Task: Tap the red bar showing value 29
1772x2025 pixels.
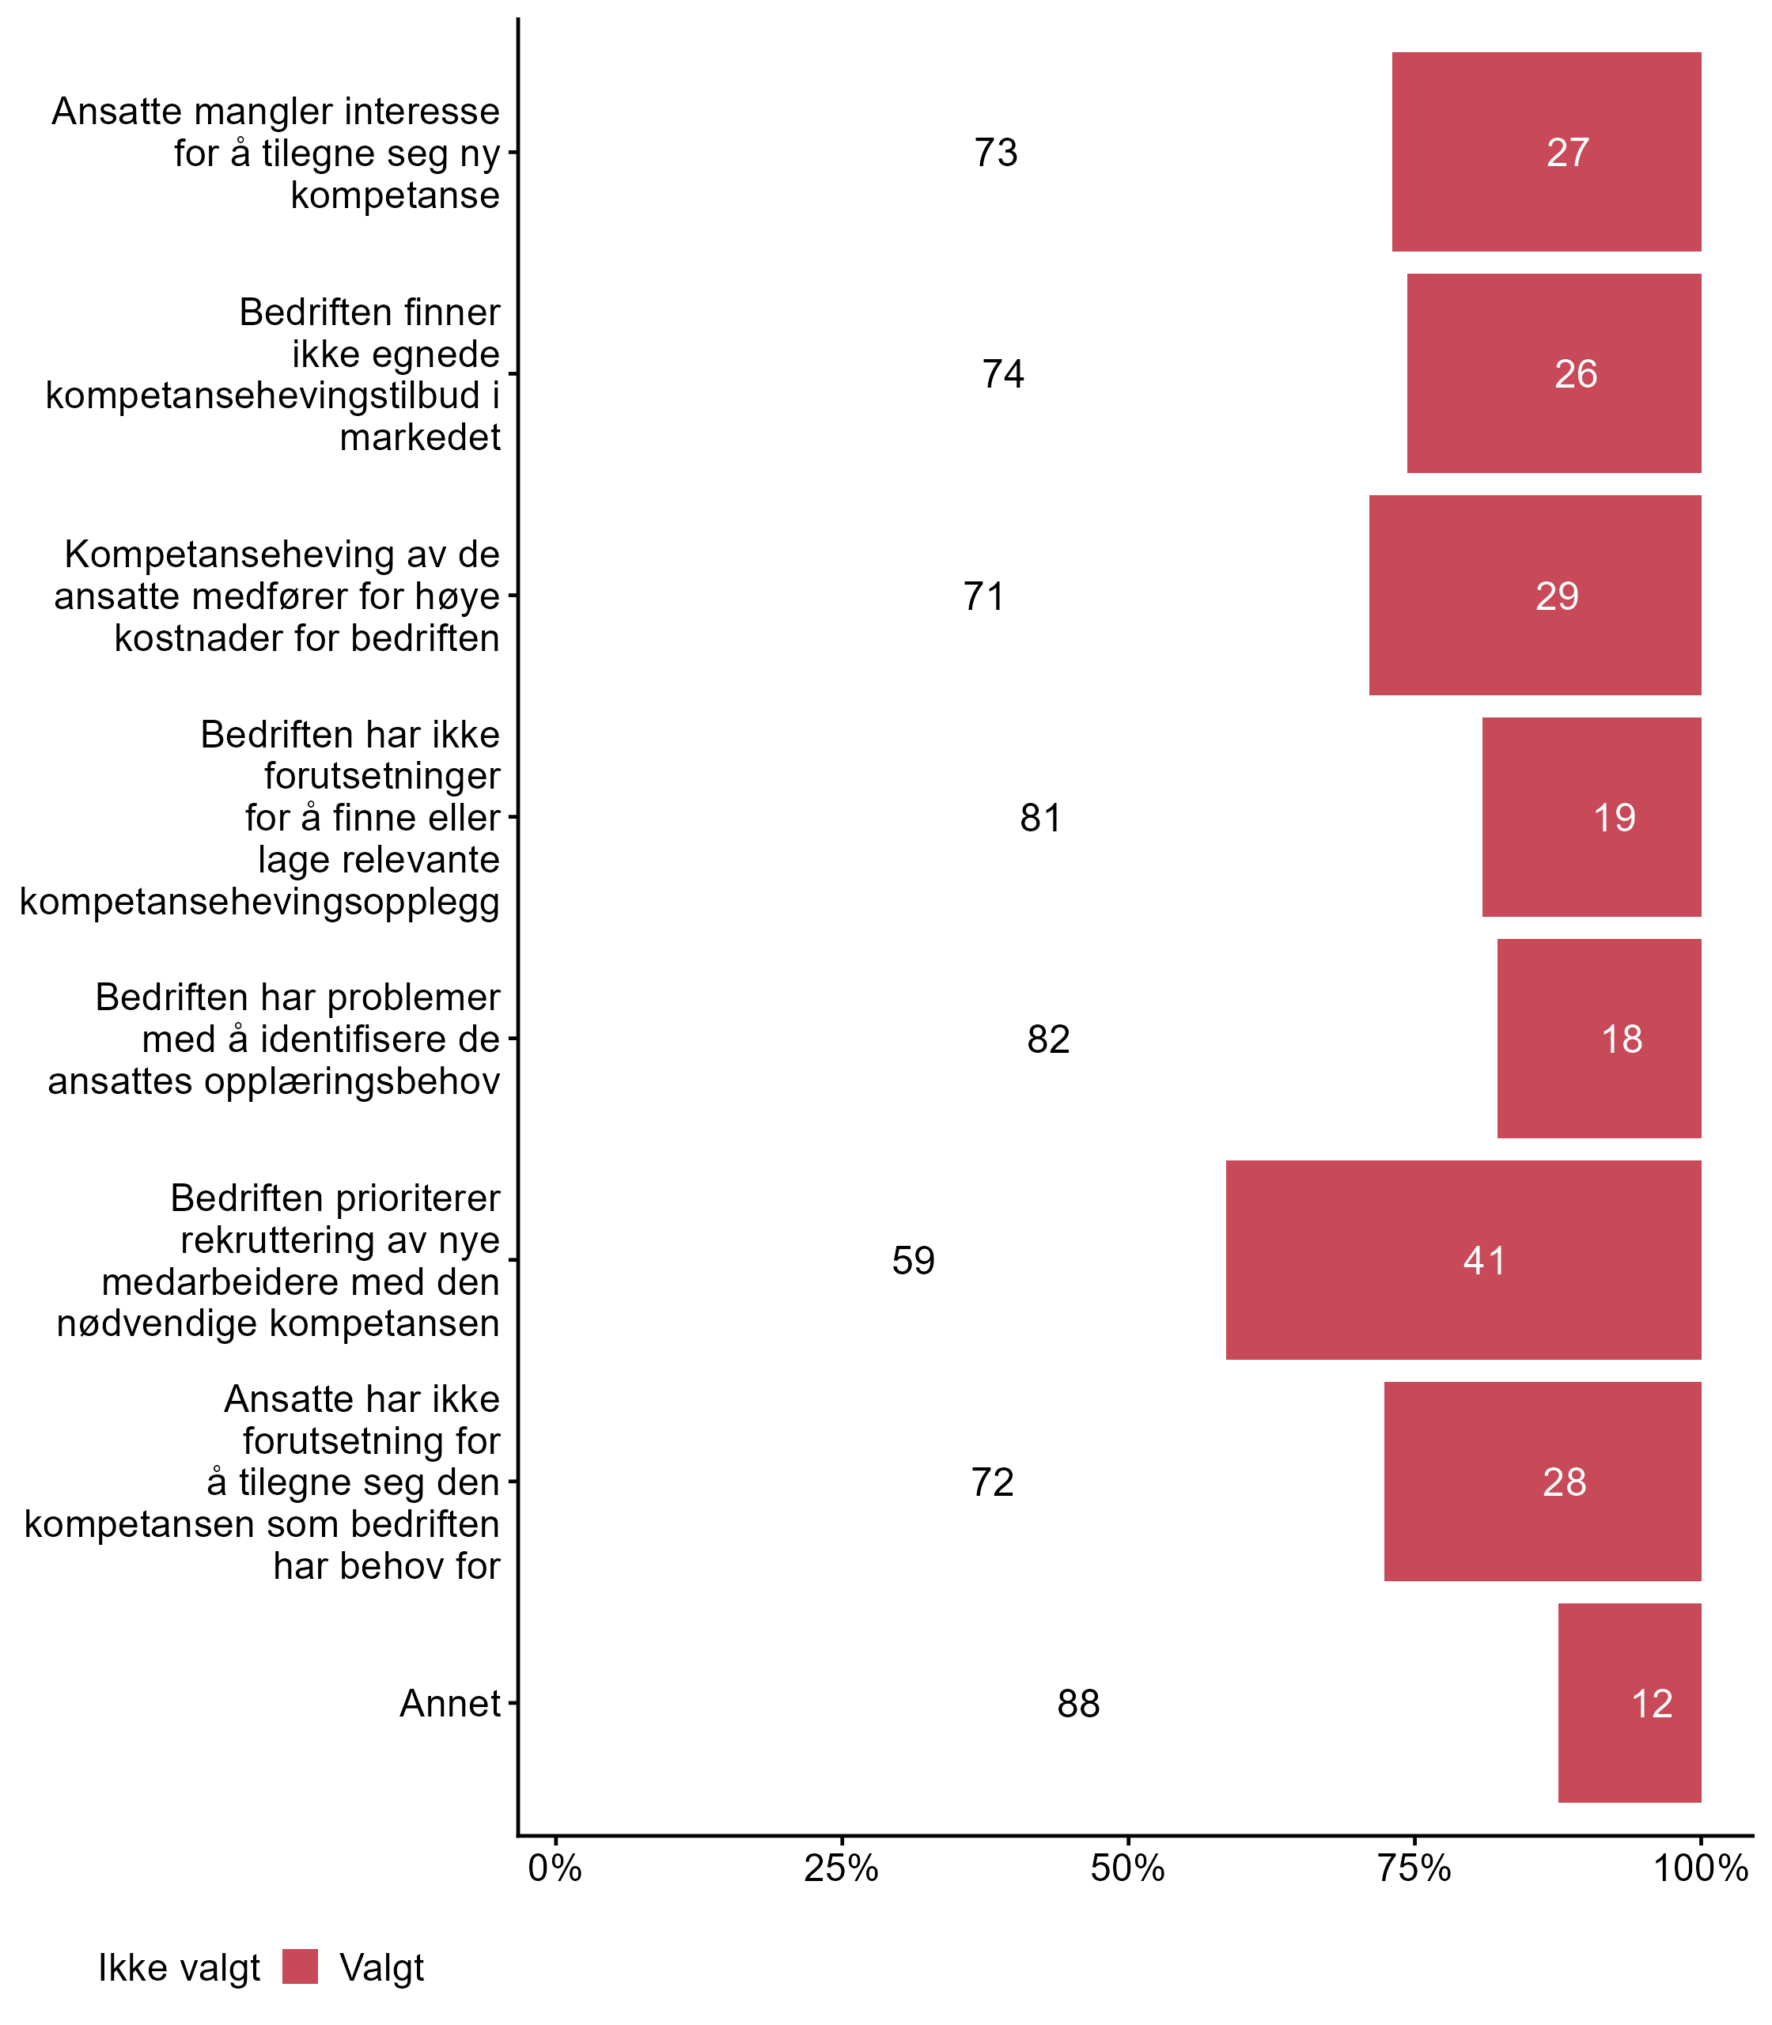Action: click(1535, 595)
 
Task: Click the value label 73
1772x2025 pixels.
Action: click(996, 153)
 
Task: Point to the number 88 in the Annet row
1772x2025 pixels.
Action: click(1077, 1704)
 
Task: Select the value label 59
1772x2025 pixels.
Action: click(913, 1261)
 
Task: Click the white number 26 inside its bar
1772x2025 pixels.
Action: click(1575, 373)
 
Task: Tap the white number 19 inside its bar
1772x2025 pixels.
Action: click(1614, 818)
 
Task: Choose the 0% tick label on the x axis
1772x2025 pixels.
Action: click(555, 1868)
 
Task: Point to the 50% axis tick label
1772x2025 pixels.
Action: click(1127, 1868)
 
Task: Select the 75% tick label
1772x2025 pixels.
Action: click(1414, 1868)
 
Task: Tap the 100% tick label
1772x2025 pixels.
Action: click(1701, 1868)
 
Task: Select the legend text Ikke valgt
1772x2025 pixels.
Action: click(179, 1968)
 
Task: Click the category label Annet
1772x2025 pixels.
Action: click(450, 1704)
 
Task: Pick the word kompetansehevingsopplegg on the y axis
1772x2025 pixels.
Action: click(259, 902)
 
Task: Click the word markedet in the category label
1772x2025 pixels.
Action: click(420, 437)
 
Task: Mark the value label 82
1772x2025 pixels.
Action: click(1048, 1039)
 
